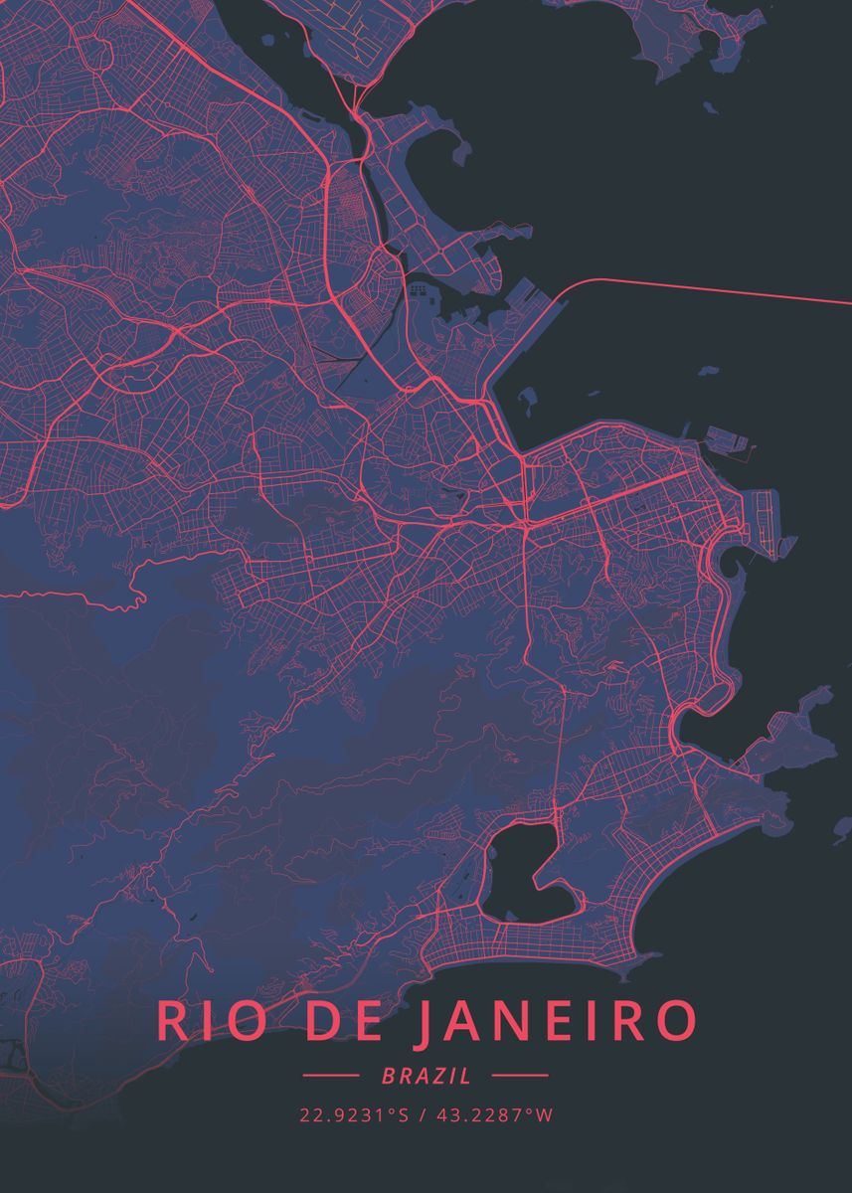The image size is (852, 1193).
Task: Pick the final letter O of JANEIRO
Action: pos(675,1023)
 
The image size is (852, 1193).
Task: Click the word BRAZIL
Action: pos(426,1076)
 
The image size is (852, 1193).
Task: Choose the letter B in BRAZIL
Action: pos(388,1076)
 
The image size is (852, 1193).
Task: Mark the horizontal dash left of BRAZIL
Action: pos(330,1076)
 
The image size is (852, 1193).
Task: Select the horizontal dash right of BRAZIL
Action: pos(519,1076)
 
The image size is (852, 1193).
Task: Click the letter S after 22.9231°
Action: pos(404,1115)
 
